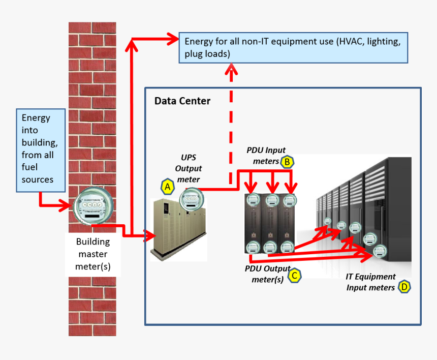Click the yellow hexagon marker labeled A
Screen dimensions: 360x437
[x=167, y=187]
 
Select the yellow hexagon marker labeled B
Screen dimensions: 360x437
[x=288, y=162]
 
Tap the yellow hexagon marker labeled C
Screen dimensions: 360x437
[x=294, y=276]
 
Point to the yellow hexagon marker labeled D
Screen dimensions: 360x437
[x=404, y=287]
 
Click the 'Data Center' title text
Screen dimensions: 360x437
[x=182, y=101]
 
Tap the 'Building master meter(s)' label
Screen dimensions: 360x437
[x=93, y=254]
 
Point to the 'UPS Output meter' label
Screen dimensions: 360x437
[x=189, y=168]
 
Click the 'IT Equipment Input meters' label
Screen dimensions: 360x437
[x=370, y=282]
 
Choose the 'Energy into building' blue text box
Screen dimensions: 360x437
[x=41, y=149]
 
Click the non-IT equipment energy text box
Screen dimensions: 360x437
[x=293, y=48]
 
